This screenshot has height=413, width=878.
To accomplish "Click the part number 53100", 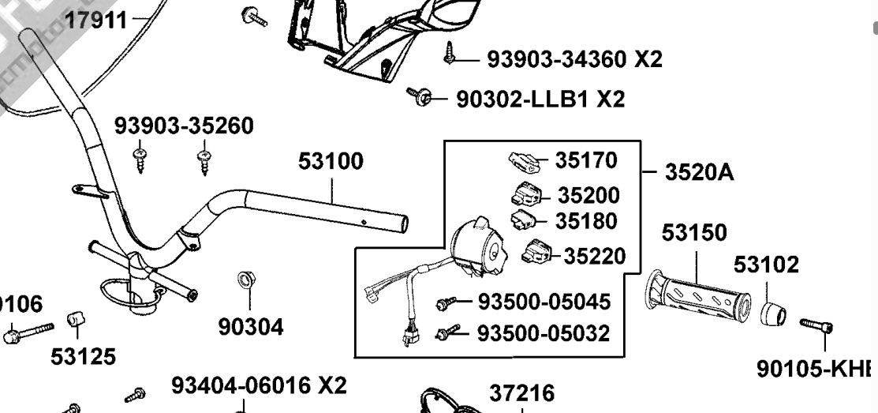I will click(331, 161).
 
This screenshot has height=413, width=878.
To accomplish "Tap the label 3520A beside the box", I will click(699, 171).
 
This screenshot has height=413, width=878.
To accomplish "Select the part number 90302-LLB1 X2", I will click(540, 99).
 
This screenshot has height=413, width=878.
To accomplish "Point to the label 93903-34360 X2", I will click(574, 58).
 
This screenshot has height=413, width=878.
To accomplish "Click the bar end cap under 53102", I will click(772, 314).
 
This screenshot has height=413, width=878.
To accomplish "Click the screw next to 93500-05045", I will click(446, 302).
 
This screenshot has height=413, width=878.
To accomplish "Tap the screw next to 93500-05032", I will click(447, 332).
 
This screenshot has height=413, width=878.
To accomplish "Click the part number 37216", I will click(521, 392).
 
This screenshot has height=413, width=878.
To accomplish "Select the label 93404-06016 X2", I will click(259, 385).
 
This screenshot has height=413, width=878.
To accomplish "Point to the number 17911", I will click(95, 19).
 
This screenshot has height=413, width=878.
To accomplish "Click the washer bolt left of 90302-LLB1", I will click(420, 98).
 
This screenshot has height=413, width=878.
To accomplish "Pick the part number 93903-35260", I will click(184, 126).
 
